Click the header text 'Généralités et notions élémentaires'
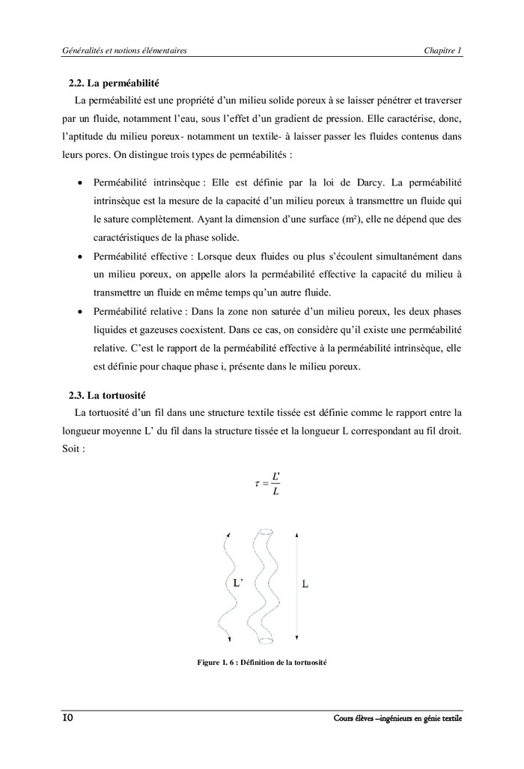(x=124, y=50)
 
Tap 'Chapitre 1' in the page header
(x=442, y=50)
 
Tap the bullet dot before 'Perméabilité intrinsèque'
(x=79, y=183)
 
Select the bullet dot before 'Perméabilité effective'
(x=79, y=256)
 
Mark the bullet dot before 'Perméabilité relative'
(x=79, y=310)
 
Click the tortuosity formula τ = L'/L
(x=267, y=483)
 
